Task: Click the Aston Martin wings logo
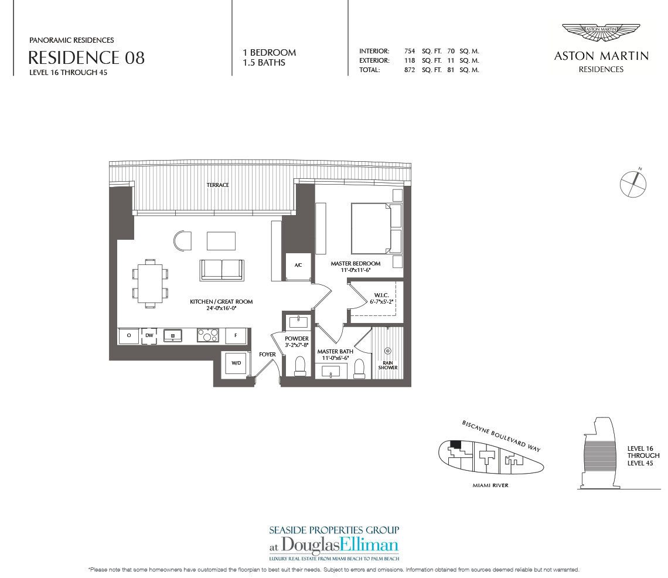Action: tap(601, 32)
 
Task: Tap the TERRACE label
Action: tap(218, 185)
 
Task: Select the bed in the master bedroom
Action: tap(371, 229)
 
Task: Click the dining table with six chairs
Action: tap(150, 283)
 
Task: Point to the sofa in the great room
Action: tap(222, 270)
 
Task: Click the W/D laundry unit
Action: tap(236, 363)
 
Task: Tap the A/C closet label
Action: tap(298, 265)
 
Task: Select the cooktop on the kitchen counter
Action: tap(208, 335)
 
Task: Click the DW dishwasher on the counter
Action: tap(149, 335)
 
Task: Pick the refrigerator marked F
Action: tap(236, 335)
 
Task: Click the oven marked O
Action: tap(129, 335)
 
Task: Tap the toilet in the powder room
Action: tap(301, 366)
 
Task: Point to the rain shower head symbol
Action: tap(388, 351)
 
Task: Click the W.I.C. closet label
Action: tap(381, 295)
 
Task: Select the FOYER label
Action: tap(267, 354)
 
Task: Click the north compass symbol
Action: tap(633, 183)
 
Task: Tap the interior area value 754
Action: tap(410, 51)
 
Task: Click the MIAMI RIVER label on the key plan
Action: tap(490, 485)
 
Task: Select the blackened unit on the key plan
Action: tap(455, 444)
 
